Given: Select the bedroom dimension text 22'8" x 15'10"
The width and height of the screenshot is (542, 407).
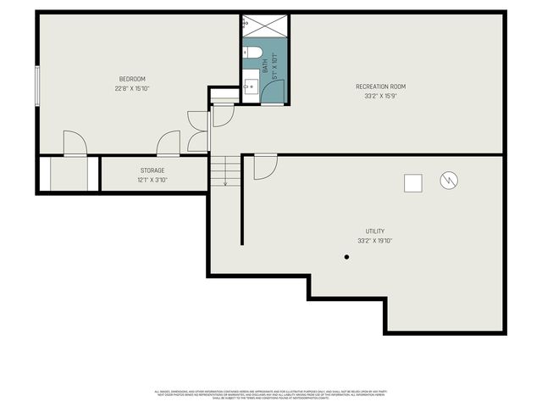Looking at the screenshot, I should point(137,88).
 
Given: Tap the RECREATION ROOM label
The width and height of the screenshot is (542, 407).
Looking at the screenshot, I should point(380,86).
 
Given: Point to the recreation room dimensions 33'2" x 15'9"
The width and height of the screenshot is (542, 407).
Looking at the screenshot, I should point(380,95).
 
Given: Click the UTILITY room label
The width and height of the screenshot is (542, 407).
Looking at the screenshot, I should point(375,231).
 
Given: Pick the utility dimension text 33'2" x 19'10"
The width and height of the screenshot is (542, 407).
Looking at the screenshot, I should point(375,241).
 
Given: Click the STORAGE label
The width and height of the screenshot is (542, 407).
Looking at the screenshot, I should point(152,170).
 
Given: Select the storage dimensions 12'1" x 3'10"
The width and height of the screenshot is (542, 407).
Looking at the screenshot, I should point(152,180).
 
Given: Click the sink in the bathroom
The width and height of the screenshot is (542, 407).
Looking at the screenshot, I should point(250,86).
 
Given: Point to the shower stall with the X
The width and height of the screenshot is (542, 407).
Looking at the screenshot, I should point(264,26).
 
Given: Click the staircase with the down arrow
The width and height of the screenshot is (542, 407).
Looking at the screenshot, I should point(225,171).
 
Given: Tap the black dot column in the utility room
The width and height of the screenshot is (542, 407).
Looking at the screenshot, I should point(346,257).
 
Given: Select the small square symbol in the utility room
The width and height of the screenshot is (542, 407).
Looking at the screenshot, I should point(412,182).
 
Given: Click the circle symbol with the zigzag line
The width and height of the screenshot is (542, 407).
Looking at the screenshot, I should point(448,180).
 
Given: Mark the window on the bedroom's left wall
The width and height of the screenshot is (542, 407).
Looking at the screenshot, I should point(36,86).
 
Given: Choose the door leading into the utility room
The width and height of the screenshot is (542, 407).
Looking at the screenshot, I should point(264,165).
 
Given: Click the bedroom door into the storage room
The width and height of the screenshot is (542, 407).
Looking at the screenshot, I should point(168,143).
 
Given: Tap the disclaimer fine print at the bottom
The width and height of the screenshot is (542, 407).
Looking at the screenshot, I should point(270,393).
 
